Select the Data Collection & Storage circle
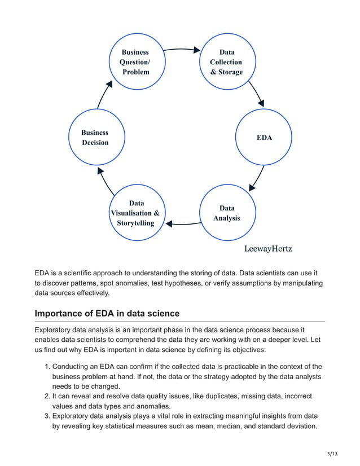pyautogui.click(x=226, y=62)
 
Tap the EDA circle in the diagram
pyautogui.click(x=264, y=137)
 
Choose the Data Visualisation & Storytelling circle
pyautogui.click(x=135, y=213)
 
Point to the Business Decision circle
pyautogui.click(x=95, y=137)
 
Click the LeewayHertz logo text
pyautogui.click(x=268, y=248)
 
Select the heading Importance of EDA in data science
pyautogui.click(x=107, y=313)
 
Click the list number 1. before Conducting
pyautogui.click(x=47, y=367)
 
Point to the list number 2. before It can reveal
pyautogui.click(x=47, y=396)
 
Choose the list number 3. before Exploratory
pyautogui.click(x=47, y=416)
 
